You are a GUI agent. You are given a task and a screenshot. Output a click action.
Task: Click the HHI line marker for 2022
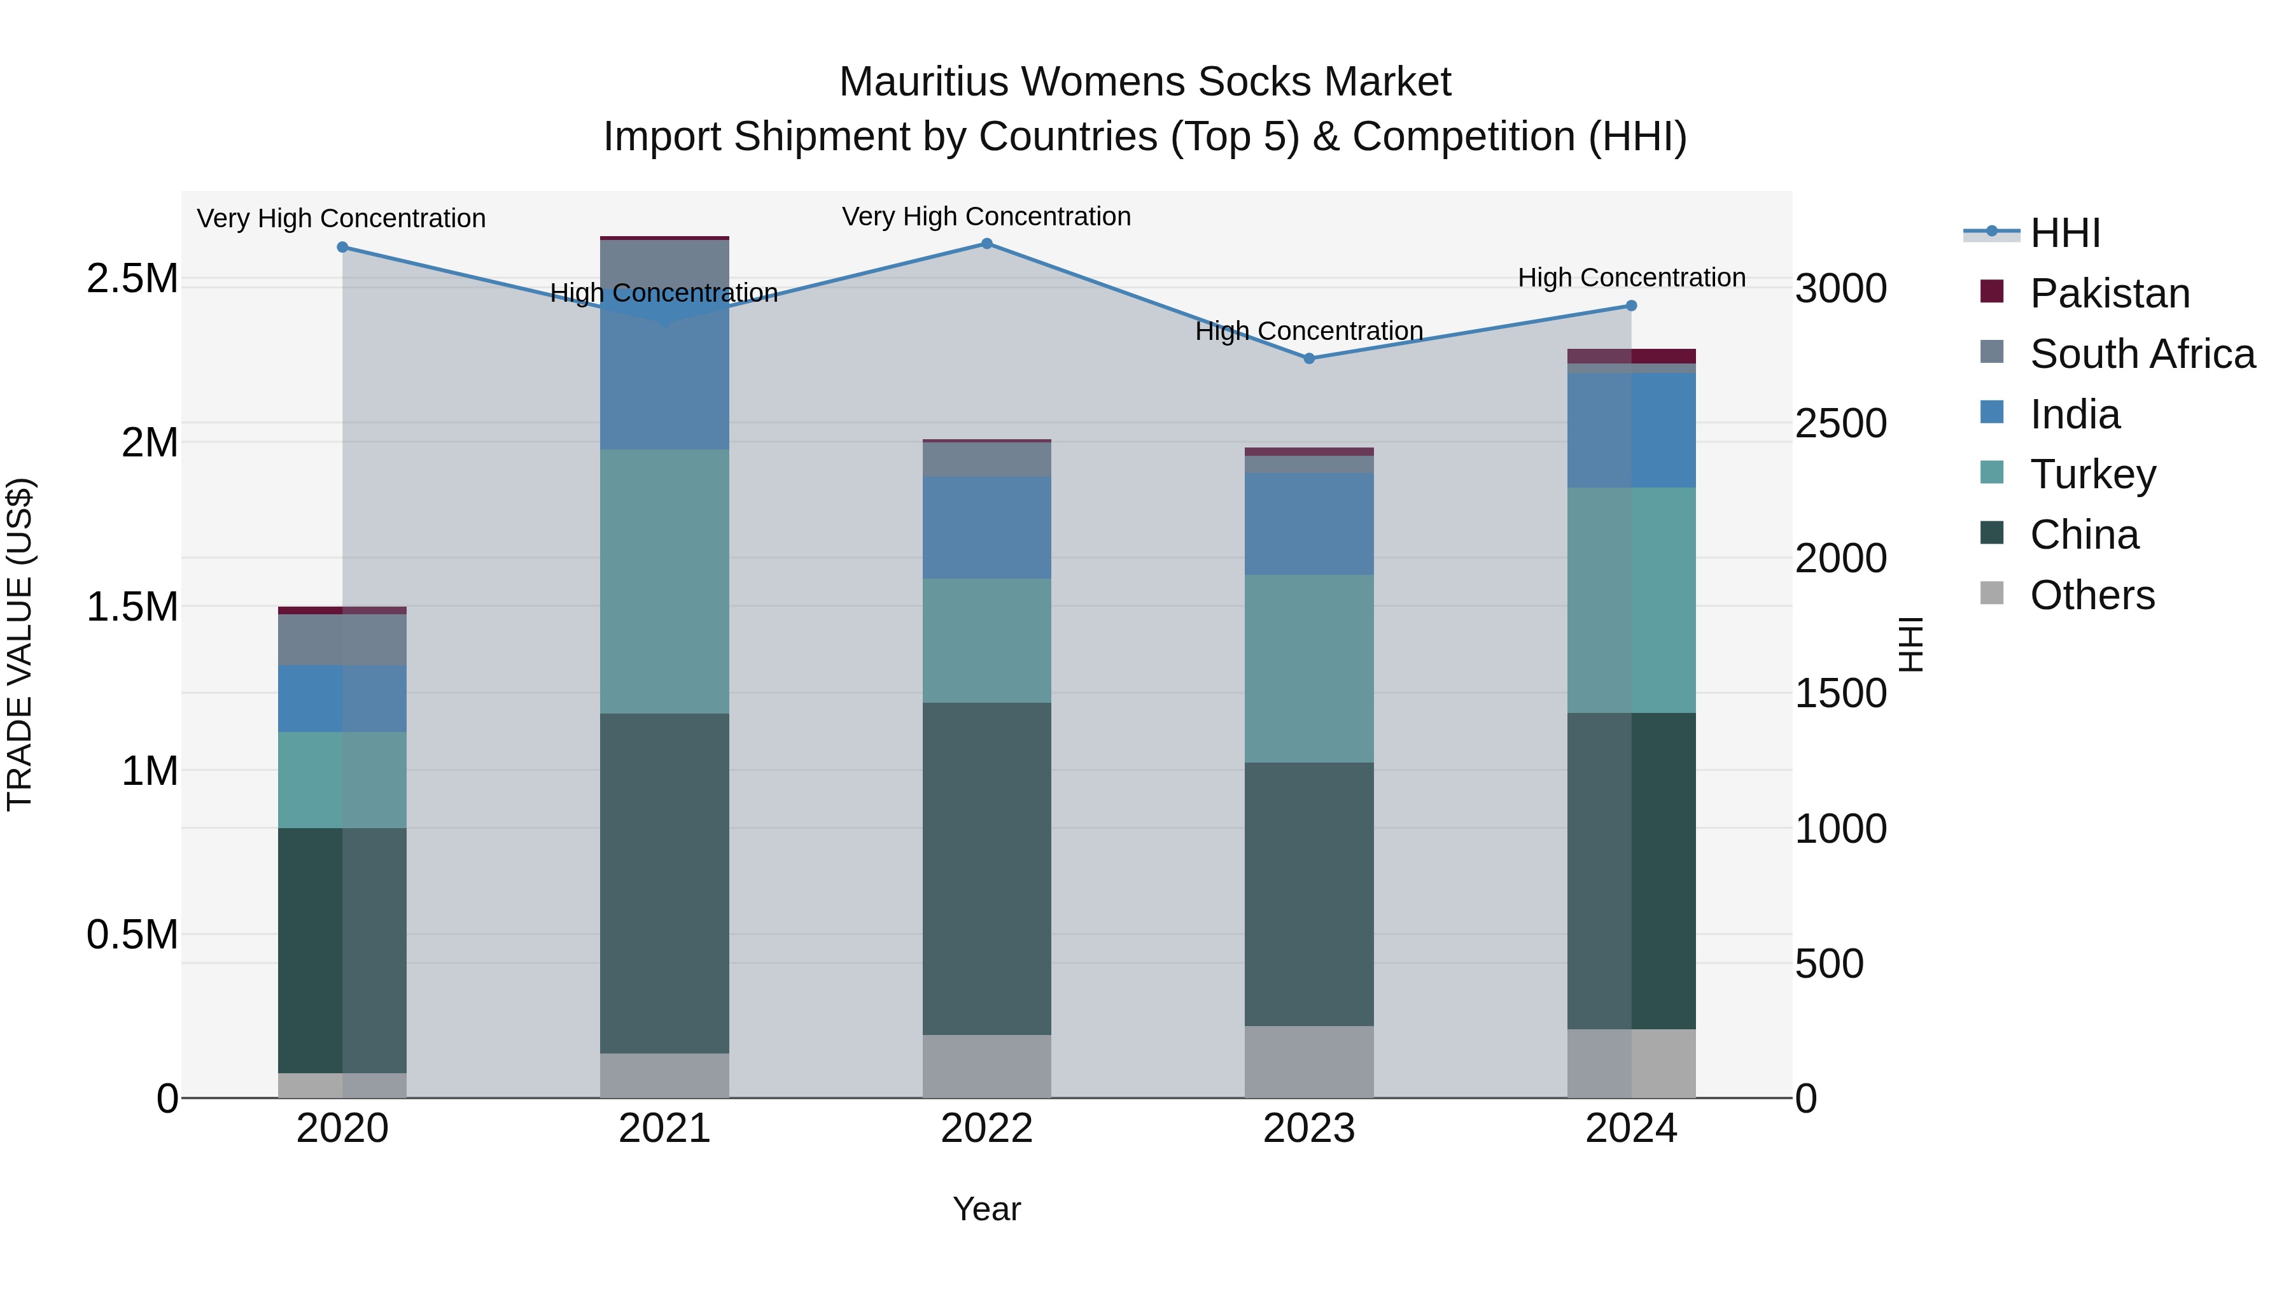tap(986, 244)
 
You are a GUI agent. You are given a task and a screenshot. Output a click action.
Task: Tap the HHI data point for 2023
tap(1308, 358)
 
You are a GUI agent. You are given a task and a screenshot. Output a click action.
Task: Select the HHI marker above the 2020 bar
tap(342, 248)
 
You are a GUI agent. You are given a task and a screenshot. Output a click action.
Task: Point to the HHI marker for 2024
tap(1631, 306)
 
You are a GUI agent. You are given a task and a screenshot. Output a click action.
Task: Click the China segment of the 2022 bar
tap(986, 868)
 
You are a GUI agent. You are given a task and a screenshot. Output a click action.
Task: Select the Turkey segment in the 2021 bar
tap(664, 581)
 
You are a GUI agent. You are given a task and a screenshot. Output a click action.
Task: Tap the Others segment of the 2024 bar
tap(1631, 1063)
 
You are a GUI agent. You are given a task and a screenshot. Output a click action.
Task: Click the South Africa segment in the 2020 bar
tap(342, 640)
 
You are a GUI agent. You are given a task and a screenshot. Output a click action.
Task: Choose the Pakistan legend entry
tap(2110, 293)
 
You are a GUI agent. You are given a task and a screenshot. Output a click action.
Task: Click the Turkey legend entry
tap(2092, 474)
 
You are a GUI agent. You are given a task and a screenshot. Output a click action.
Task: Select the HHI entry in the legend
tap(2065, 233)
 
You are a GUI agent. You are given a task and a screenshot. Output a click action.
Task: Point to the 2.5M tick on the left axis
tap(132, 278)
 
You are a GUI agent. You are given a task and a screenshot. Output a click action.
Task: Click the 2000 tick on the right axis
tap(1840, 559)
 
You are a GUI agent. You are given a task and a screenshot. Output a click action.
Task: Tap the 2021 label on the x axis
tap(664, 1129)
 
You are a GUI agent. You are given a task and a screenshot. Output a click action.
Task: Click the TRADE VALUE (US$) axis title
tap(20, 644)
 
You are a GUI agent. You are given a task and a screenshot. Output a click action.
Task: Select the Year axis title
tap(986, 1209)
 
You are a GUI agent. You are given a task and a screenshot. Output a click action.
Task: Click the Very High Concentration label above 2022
tap(986, 216)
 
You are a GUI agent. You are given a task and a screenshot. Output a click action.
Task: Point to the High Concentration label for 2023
tap(1308, 331)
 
